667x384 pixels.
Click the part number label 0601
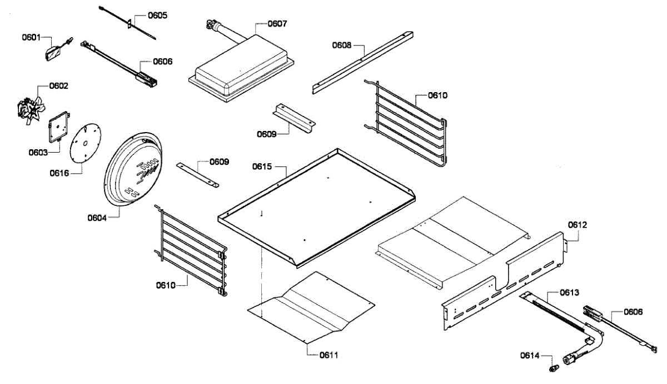click(x=31, y=37)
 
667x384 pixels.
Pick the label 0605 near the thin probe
click(x=157, y=15)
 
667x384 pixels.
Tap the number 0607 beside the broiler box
click(x=277, y=24)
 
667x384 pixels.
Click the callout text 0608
click(x=342, y=45)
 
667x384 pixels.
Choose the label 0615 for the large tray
click(x=262, y=166)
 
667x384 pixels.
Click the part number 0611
click(x=328, y=355)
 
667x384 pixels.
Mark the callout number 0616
click(x=59, y=173)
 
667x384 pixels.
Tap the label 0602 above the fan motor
click(x=59, y=86)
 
